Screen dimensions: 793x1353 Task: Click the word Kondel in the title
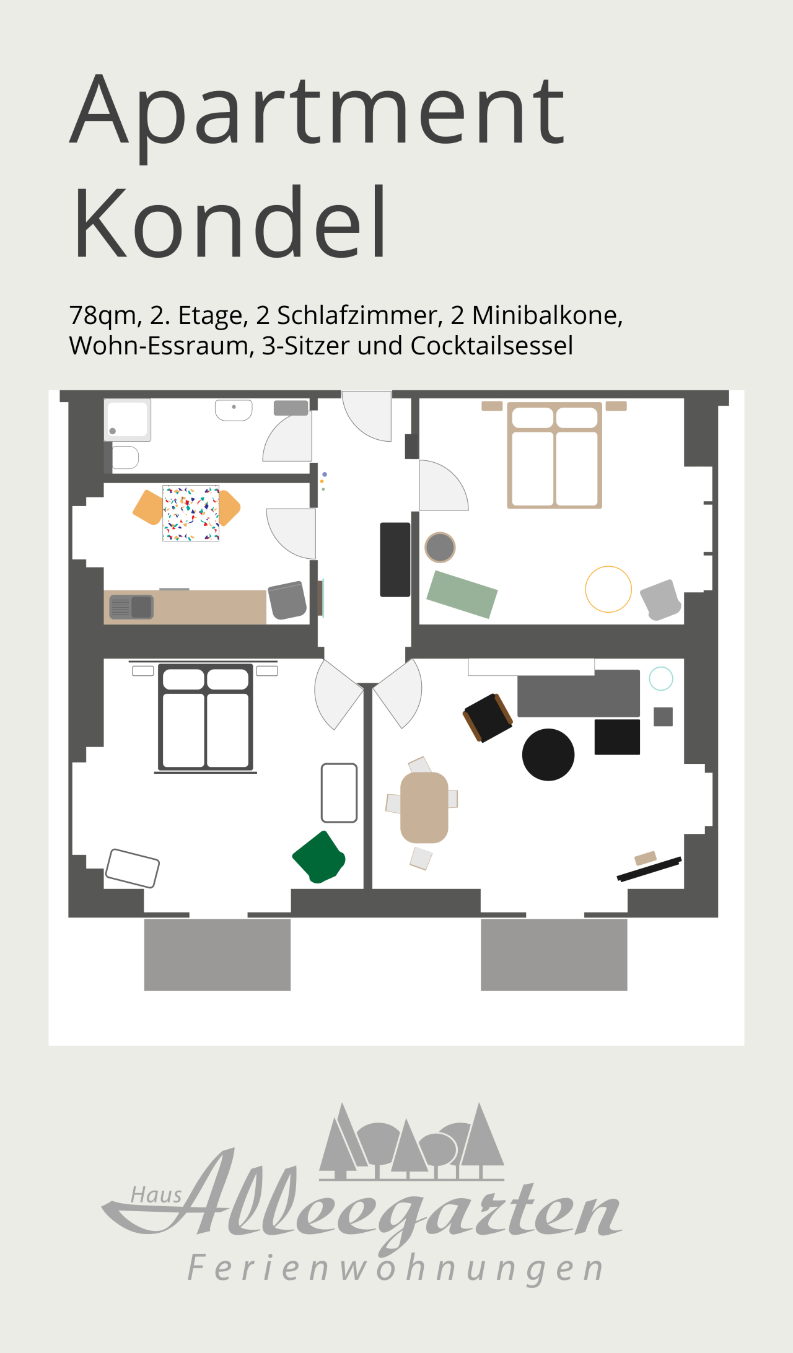230,222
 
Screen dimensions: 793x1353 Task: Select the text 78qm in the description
103,317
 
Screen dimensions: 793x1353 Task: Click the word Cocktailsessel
491,346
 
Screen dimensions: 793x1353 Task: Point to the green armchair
319,857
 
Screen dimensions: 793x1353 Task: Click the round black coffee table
548,755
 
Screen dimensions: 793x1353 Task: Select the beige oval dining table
424,807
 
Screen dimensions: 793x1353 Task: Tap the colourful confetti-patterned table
191,513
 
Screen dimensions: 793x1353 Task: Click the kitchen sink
131,607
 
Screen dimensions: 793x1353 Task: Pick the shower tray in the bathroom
128,420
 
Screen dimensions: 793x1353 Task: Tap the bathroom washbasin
234,410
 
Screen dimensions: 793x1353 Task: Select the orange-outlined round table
608,589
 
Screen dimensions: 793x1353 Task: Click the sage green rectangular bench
462,595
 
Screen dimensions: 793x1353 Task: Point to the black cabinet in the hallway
395,559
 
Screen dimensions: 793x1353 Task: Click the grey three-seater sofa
579,693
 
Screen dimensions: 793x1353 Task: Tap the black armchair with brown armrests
488,718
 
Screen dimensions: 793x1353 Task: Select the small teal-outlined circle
661,678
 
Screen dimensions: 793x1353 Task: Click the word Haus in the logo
156,1195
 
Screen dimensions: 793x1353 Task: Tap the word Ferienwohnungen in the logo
395,1268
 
